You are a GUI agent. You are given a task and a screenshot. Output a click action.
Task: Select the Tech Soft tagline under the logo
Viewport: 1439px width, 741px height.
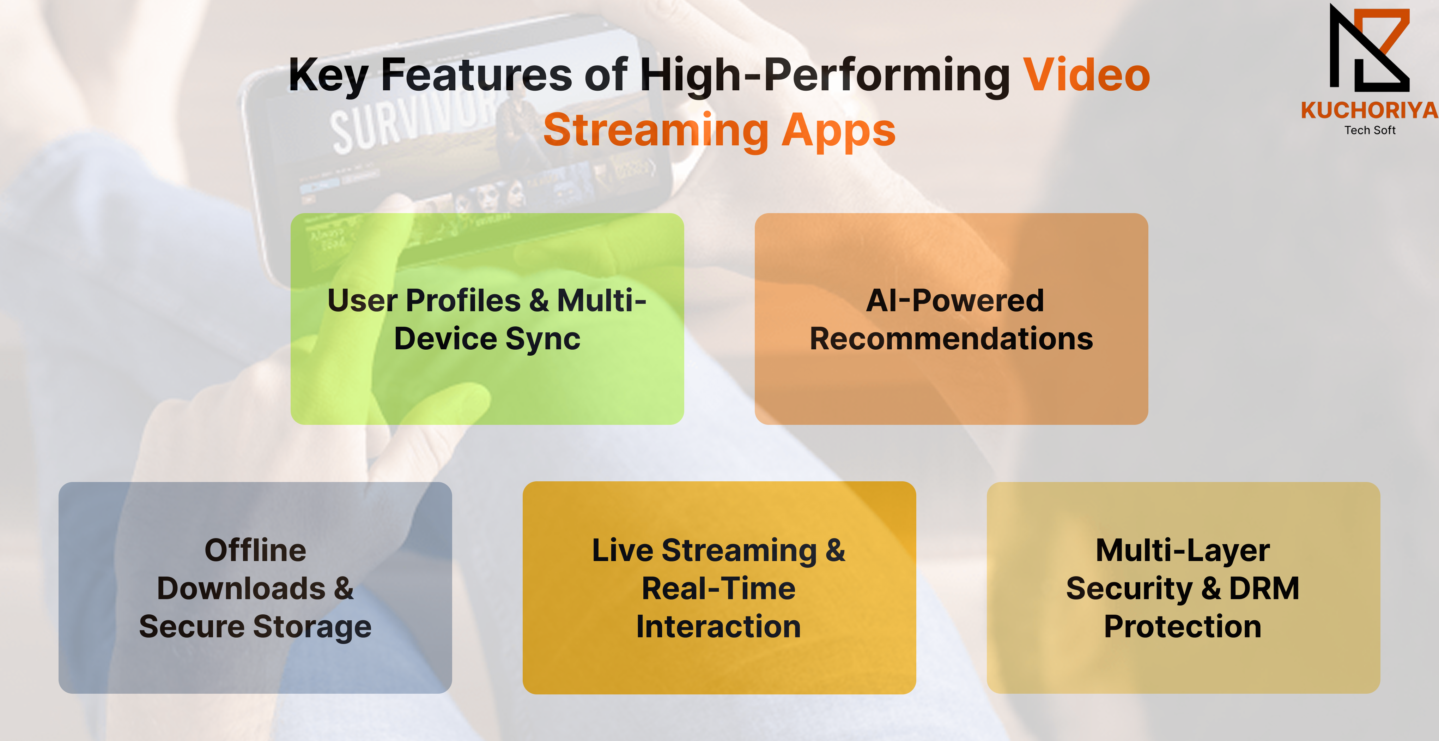coord(1370,130)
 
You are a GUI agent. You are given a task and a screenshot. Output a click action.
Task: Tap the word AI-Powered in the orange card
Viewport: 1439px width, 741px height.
coord(955,301)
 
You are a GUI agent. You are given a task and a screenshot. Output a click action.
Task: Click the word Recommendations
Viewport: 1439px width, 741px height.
coord(951,339)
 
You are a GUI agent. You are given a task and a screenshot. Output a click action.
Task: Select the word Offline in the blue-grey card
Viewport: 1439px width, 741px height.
coord(255,550)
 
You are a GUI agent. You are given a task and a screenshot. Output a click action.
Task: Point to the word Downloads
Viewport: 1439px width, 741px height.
coord(241,589)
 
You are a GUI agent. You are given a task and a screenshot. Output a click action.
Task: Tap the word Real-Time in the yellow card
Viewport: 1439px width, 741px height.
coord(718,589)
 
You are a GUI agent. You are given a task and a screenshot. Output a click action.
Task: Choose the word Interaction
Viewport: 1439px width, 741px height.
coord(718,626)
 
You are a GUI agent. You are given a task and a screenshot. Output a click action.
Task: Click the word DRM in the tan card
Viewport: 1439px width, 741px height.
coord(1264,589)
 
